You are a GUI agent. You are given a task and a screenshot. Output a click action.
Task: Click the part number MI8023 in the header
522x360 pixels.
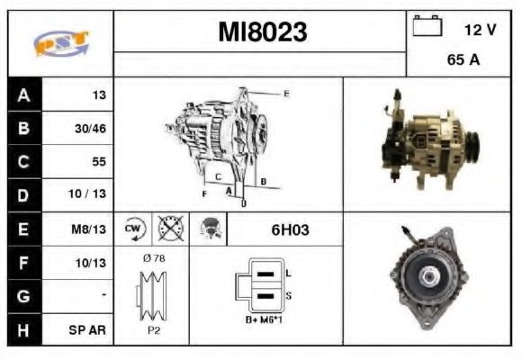pos(262,32)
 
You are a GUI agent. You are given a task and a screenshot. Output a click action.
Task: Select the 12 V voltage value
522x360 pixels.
pos(480,30)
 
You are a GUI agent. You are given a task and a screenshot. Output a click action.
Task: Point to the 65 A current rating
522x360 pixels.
pos(462,62)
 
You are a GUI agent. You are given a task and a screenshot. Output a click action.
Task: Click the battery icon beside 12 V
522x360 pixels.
pos(426,27)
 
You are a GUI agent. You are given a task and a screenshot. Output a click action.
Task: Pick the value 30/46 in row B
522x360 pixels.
pos(90,129)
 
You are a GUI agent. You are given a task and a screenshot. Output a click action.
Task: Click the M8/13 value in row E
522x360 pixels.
pos(91,229)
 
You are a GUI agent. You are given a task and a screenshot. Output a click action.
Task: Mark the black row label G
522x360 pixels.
pos(22,296)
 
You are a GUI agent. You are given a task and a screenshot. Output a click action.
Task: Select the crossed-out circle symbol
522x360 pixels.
pos(168,229)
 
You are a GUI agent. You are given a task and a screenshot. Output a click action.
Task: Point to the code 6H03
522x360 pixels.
pos(290,229)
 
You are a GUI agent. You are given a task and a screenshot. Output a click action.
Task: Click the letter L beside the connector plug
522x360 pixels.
pos(287,273)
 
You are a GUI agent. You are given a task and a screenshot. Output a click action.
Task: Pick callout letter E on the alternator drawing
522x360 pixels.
pos(285,94)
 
